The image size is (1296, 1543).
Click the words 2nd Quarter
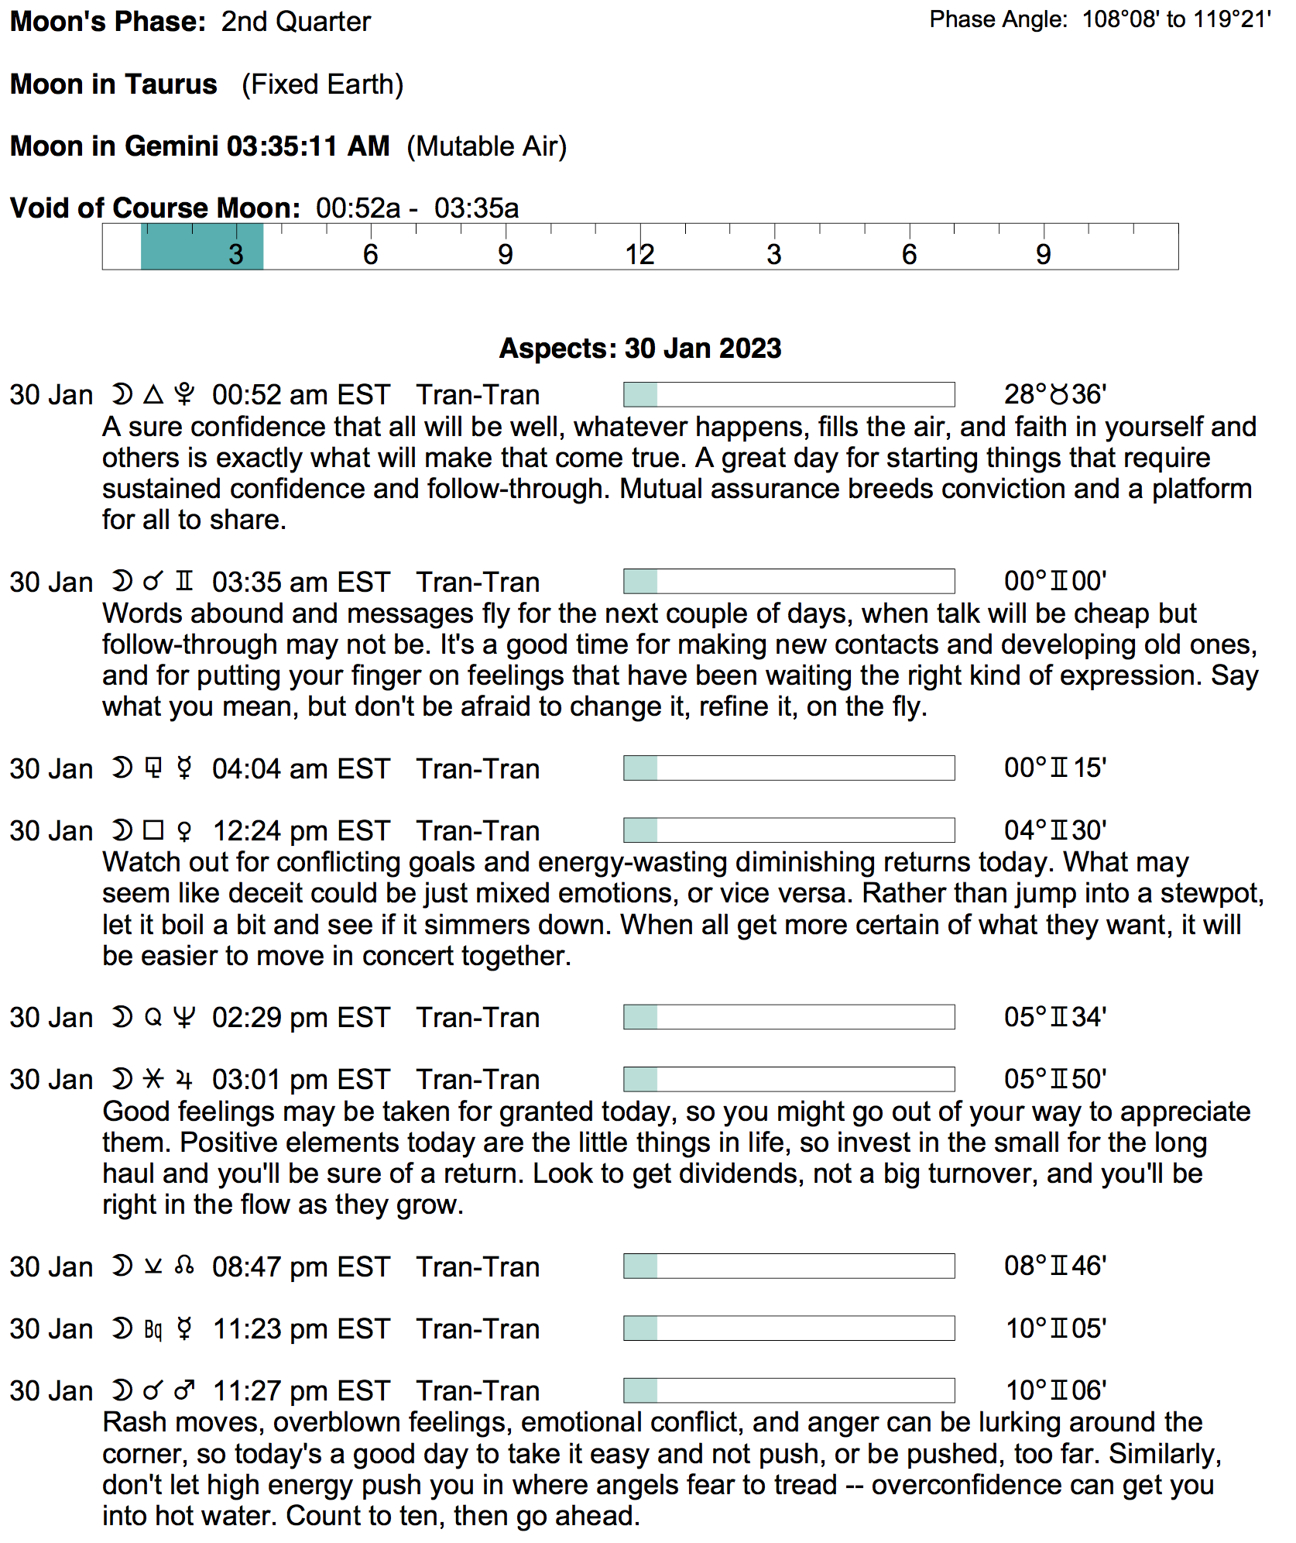296,22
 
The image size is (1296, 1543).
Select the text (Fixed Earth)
322,84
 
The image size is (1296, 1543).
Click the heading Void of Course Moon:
155,208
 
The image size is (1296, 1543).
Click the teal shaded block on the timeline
201,246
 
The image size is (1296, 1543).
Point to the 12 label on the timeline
639,255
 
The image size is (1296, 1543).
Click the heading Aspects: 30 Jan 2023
640,349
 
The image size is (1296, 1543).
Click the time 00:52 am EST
301,395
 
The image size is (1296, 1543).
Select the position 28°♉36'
1054,395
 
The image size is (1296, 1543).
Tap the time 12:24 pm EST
301,831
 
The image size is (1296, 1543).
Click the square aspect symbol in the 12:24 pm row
153,830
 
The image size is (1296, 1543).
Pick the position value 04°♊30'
1054,831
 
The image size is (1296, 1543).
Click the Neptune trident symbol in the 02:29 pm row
184,1017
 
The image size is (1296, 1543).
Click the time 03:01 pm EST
301,1080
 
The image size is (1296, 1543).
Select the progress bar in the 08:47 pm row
788,1266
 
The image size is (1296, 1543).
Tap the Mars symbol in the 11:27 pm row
184,1390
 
